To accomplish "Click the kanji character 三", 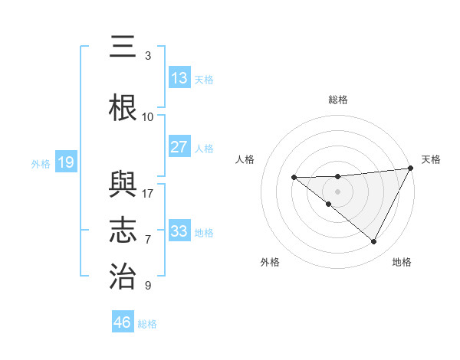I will (x=122, y=47).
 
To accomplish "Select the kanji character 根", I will (x=123, y=108).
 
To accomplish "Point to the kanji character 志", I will (x=123, y=230).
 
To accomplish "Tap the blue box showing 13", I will (x=179, y=78).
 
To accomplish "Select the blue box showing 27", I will (x=179, y=147).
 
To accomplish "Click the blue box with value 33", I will (x=179, y=231).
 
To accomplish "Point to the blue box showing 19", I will (x=65, y=162).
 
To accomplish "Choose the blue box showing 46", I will (x=122, y=322).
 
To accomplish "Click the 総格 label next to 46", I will (x=147, y=324).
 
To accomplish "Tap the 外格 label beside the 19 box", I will (x=40, y=163).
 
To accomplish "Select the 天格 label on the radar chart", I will (x=432, y=159).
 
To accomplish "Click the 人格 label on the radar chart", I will (x=245, y=159).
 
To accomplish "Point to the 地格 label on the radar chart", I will (x=402, y=262).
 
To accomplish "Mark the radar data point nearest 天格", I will (x=412, y=169).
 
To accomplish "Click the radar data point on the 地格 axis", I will (x=374, y=242).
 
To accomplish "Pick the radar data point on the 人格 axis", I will (x=294, y=178).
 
